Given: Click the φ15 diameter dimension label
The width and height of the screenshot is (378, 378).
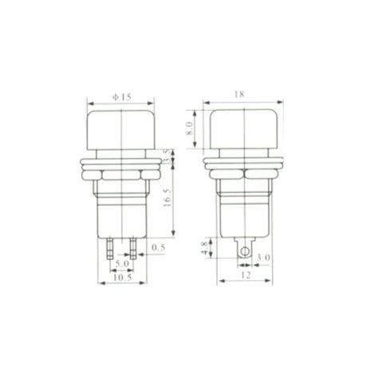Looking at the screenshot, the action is [121, 97].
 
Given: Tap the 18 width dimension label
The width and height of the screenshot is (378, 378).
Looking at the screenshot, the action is [239, 94].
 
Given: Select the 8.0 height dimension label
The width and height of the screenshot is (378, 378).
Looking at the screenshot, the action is [190, 128].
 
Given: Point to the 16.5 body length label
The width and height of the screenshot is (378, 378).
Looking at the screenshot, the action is [167, 198].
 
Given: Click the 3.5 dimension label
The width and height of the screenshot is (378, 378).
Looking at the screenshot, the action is [167, 157].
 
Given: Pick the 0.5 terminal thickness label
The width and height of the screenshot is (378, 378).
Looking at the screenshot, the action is [159, 248].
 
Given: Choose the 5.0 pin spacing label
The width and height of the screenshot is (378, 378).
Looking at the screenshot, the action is [122, 264].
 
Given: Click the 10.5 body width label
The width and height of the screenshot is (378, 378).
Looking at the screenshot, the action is [123, 278].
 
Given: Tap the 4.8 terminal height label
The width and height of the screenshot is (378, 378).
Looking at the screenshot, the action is [205, 248].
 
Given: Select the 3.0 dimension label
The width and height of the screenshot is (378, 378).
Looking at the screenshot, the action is [263, 258].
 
